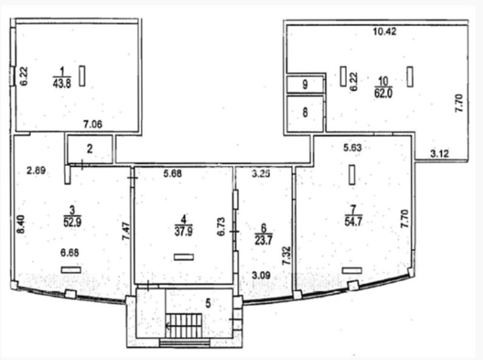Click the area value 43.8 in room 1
pyautogui.click(x=62, y=83)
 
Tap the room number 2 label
pyautogui.click(x=90, y=149)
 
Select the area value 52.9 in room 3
pyautogui.click(x=72, y=222)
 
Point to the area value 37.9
pyautogui.click(x=183, y=231)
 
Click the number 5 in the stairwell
pyautogui.click(x=208, y=303)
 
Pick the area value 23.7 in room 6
pyautogui.click(x=263, y=240)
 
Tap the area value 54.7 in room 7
pyautogui.click(x=354, y=221)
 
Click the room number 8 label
pyautogui.click(x=305, y=112)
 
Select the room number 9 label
pyautogui.click(x=305, y=84)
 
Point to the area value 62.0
pyautogui.click(x=383, y=93)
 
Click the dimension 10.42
pyautogui.click(x=385, y=32)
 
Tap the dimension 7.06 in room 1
pyautogui.click(x=93, y=125)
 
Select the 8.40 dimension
pyautogui.click(x=21, y=224)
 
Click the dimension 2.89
pyautogui.click(x=36, y=170)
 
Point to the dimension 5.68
pyautogui.click(x=173, y=173)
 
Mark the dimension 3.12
pyautogui.click(x=440, y=153)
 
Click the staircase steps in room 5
pyautogui.click(x=184, y=325)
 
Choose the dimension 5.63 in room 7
pyautogui.click(x=353, y=148)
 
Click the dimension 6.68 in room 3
pyautogui.click(x=70, y=253)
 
